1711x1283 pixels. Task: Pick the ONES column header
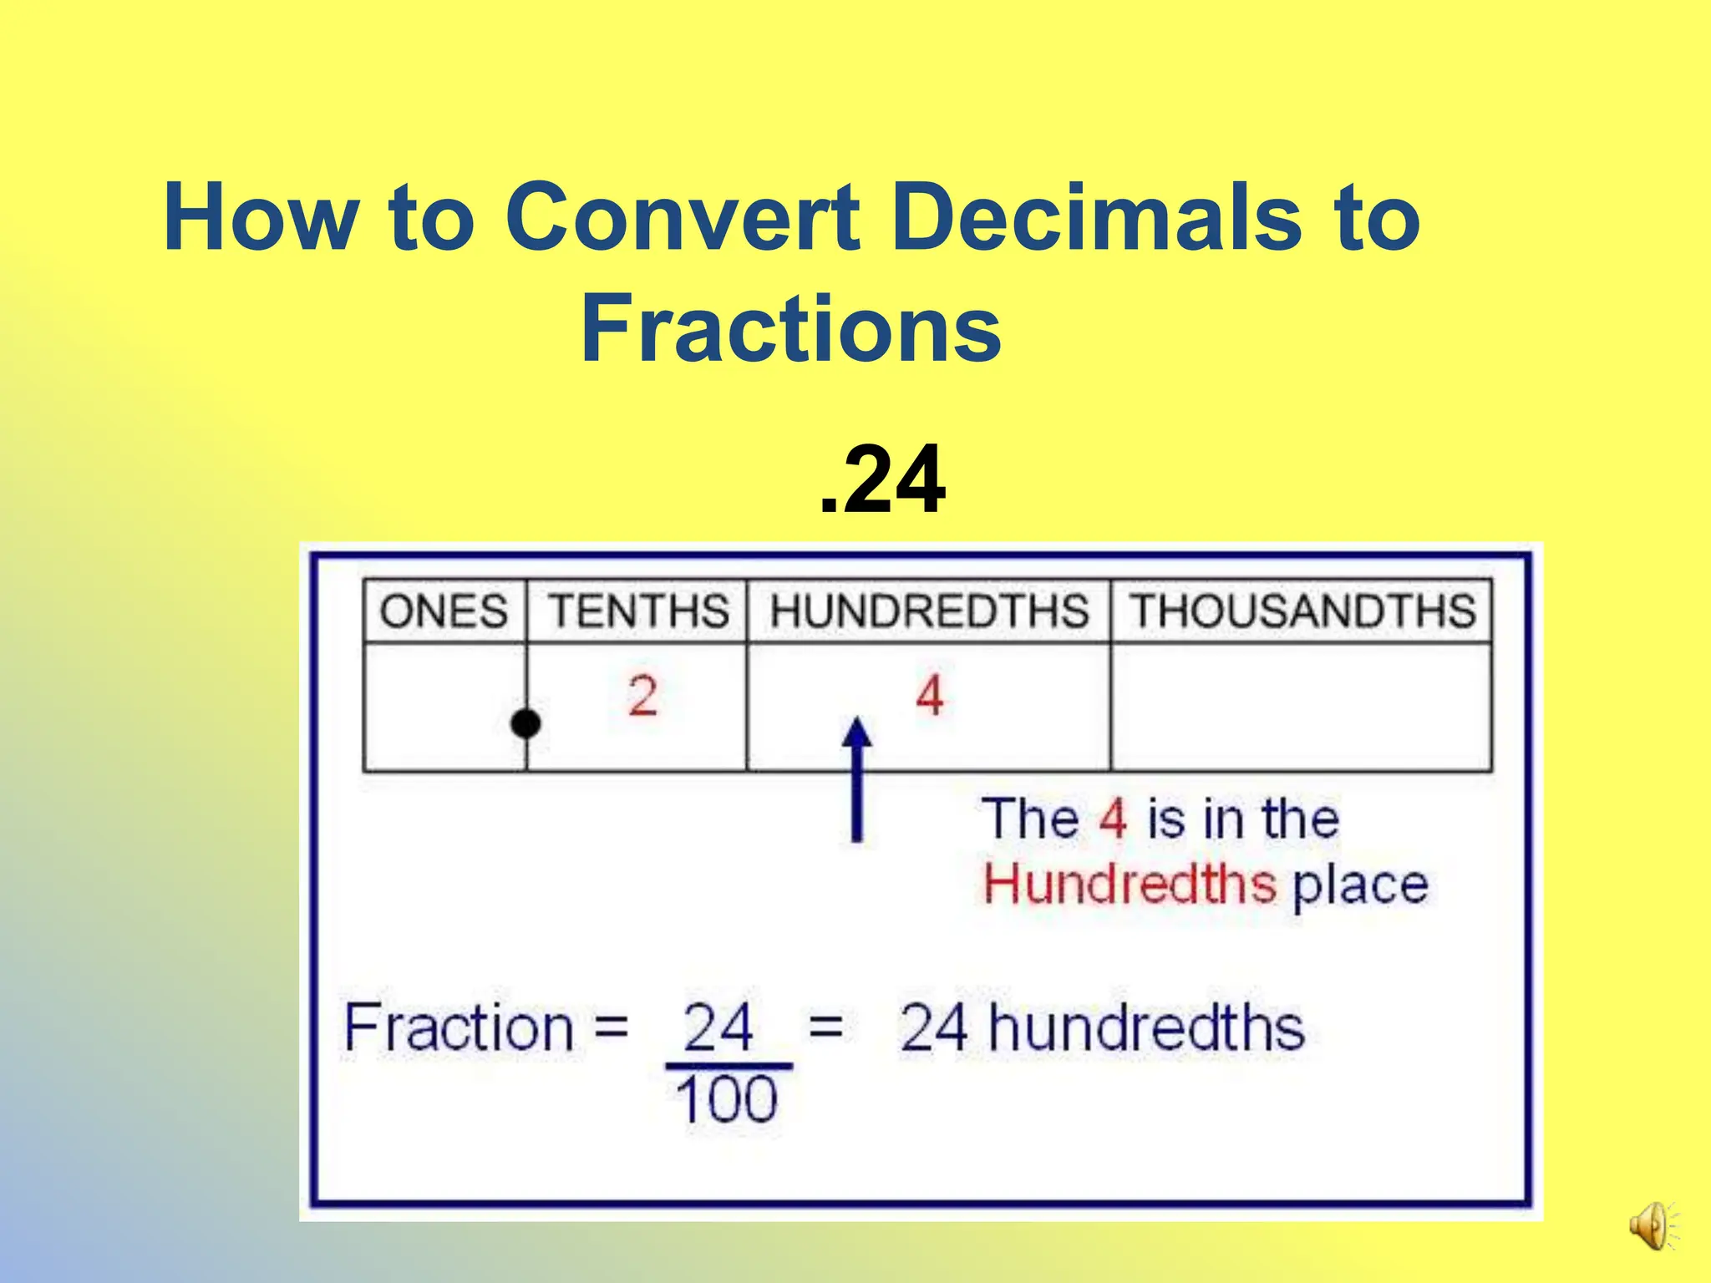444,611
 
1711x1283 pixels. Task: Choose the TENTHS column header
638,611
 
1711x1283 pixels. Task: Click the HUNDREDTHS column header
929,611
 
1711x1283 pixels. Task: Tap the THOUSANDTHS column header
1302,611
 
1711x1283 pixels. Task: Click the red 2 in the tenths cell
642,696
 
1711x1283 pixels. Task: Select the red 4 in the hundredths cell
930,696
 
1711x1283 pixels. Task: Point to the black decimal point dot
525,723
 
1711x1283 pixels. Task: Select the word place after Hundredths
1360,885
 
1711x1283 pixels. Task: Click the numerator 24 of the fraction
718,1027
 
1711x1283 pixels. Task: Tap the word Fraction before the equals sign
458,1027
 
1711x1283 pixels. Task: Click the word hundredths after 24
1146,1027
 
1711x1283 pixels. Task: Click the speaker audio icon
1651,1226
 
